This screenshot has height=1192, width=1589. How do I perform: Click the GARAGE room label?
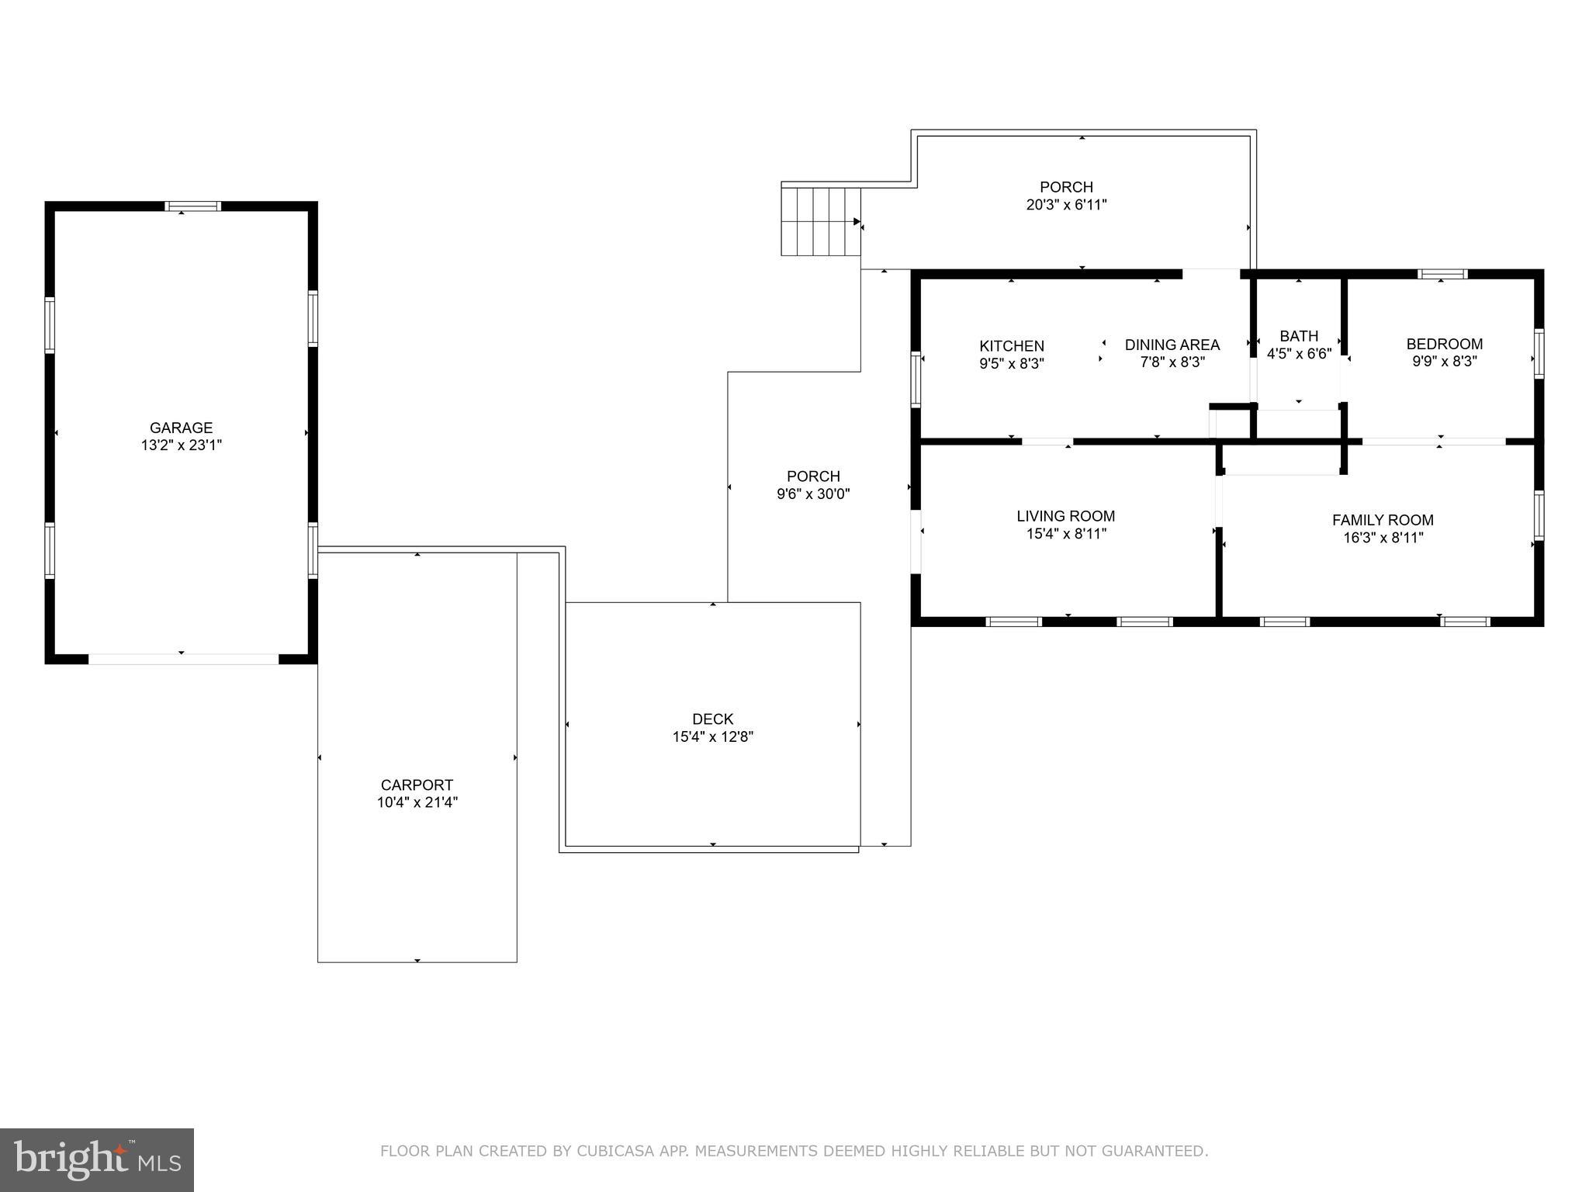[181, 428]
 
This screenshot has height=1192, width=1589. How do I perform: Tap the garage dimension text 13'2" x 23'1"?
[181, 445]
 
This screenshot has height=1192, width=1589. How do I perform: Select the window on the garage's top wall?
[193, 206]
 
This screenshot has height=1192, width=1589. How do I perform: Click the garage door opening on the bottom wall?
[183, 659]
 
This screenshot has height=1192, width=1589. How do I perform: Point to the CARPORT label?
[417, 785]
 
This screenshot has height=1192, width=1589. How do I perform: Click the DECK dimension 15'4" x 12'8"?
[712, 737]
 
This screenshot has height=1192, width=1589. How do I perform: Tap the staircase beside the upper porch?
[821, 221]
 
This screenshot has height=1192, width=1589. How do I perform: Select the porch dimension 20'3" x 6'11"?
[1066, 205]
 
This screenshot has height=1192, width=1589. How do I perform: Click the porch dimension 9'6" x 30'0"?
[813, 494]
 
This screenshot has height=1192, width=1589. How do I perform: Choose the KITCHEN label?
[1012, 346]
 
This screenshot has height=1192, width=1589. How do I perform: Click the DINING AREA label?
[1172, 345]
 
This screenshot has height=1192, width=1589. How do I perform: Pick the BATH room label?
[1299, 336]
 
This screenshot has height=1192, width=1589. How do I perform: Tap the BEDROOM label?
[1444, 344]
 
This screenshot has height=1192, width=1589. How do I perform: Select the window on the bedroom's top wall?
[1442, 274]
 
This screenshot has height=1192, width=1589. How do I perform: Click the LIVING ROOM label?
[1065, 516]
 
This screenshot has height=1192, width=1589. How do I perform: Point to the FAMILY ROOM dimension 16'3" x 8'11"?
[1383, 538]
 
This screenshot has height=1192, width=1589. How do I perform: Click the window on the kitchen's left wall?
[916, 379]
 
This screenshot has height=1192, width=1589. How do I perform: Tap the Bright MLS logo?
[97, 1159]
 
